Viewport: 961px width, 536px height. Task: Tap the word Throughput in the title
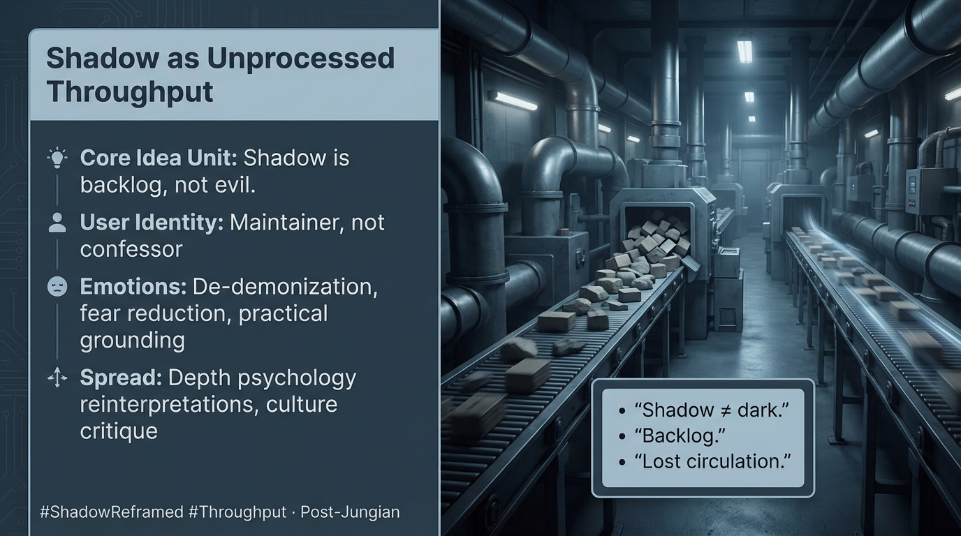(130, 91)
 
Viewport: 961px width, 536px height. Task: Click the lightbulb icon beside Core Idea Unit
(57, 158)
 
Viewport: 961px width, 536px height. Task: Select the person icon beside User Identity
(57, 223)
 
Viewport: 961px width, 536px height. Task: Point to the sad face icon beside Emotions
(57, 287)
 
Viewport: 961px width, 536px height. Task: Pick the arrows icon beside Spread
(57, 378)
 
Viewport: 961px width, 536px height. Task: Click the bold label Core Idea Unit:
(159, 158)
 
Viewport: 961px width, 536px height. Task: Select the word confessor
(131, 249)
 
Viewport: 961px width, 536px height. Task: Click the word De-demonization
(285, 287)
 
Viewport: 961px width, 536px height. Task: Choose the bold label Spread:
(121, 378)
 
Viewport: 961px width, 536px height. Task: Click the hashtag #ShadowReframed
(112, 512)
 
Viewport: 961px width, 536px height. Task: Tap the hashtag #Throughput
(237, 512)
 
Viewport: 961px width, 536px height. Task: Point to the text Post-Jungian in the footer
(350, 512)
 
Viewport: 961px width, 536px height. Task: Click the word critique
(119, 431)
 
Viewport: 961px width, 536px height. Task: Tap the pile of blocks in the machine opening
(656, 237)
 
